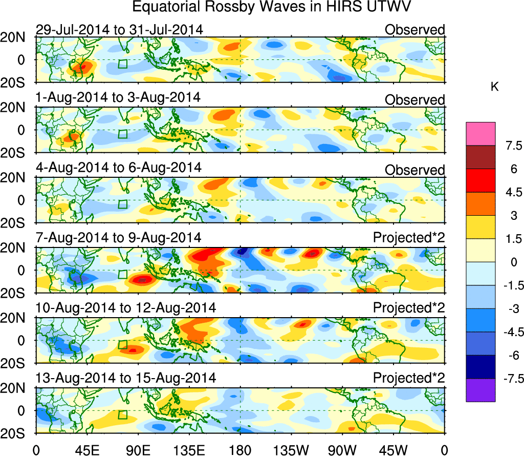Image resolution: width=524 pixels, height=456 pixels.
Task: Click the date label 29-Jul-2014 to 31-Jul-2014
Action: coord(119,30)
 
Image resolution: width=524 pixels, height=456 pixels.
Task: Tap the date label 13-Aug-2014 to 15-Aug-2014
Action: coord(125,378)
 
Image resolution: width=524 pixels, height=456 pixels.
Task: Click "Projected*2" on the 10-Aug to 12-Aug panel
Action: coord(409,308)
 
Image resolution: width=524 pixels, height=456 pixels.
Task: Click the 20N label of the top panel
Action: coord(17,37)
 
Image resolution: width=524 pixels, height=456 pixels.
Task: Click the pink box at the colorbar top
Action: coord(481,134)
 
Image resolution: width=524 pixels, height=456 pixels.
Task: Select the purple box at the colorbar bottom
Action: coord(481,390)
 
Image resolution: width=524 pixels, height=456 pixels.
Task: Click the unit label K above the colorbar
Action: coord(494,88)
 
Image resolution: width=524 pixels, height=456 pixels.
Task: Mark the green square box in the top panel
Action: coord(122,64)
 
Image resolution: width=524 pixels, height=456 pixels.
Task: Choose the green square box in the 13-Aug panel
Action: coord(122,415)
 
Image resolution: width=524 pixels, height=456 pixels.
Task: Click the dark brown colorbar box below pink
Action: coord(481,157)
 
